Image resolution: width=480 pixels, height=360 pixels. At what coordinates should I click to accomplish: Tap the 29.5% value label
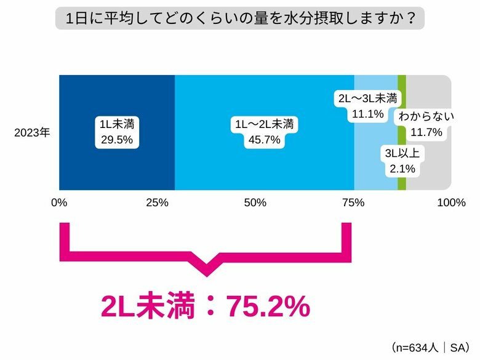coord(117,140)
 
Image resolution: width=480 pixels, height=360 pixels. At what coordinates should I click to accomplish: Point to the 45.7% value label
coord(265,140)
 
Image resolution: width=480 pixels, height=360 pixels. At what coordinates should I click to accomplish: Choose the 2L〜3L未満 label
coord(368,98)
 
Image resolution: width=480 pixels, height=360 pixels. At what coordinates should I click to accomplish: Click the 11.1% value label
coord(368,113)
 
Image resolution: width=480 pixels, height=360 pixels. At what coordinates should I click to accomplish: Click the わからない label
coord(426,116)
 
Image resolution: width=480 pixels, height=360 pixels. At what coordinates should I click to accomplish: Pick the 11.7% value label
coord(426,131)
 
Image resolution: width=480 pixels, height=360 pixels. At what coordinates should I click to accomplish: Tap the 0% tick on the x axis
coord(59,202)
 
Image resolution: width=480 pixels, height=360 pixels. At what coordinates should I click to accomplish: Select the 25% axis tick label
coord(158,202)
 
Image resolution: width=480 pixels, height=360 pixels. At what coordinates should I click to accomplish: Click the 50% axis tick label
coord(255,202)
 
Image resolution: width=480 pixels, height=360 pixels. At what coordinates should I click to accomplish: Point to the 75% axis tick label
coord(354,202)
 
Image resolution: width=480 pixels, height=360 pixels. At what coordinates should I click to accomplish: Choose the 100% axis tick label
coord(450,202)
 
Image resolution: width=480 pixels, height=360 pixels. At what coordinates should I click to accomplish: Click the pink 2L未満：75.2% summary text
coord(206,306)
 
